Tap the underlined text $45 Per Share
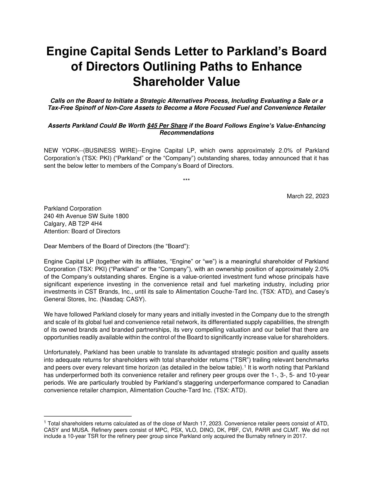click(x=167, y=126)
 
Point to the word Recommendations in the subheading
click(x=186, y=133)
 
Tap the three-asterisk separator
click(x=186, y=180)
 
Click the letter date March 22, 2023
click(x=308, y=196)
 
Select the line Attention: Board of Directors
click(x=82, y=231)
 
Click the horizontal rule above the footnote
click(x=88, y=416)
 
